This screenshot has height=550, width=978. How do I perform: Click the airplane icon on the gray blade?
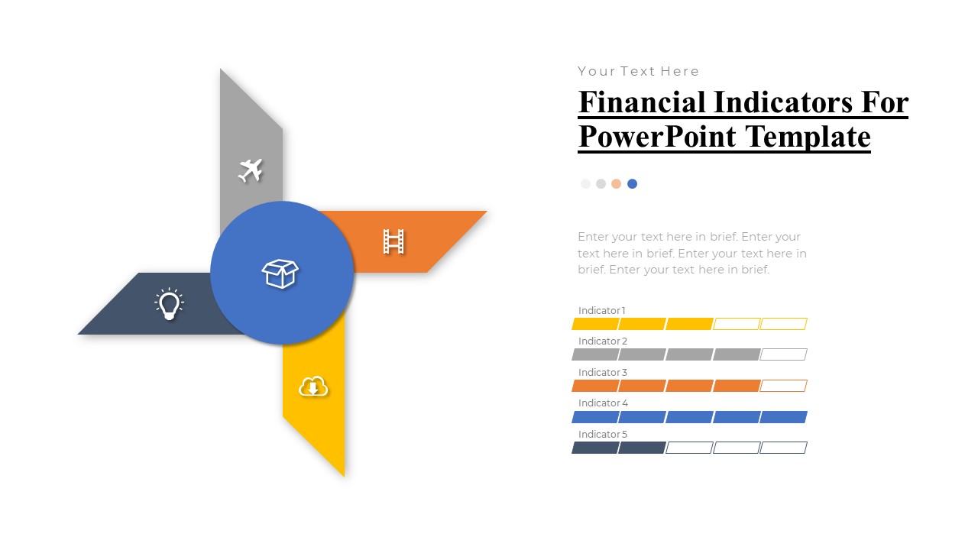tap(251, 170)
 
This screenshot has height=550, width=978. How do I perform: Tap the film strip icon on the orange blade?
tap(393, 241)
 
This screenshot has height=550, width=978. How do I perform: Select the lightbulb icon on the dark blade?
tap(169, 303)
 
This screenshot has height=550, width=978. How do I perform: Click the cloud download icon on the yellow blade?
tap(313, 387)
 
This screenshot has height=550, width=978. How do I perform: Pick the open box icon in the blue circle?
tap(280, 273)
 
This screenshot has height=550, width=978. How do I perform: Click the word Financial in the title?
tap(642, 102)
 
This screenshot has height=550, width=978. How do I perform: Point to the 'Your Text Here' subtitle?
tap(638, 71)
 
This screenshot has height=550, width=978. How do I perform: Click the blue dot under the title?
tap(632, 183)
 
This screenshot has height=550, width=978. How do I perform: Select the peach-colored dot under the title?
tap(616, 183)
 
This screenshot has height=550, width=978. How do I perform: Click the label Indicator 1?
tap(601, 310)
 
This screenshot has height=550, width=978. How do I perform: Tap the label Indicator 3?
tap(603, 372)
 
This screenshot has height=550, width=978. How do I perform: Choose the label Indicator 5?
tap(603, 434)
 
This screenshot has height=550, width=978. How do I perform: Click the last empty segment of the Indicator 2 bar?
tap(783, 354)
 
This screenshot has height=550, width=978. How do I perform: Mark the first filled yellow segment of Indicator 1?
tap(595, 324)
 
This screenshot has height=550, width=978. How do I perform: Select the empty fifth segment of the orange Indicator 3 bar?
tap(783, 386)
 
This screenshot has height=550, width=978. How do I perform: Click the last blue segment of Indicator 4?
tap(783, 417)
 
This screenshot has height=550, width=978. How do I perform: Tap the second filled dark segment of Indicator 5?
tap(642, 448)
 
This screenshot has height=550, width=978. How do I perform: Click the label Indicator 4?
tap(603, 403)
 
